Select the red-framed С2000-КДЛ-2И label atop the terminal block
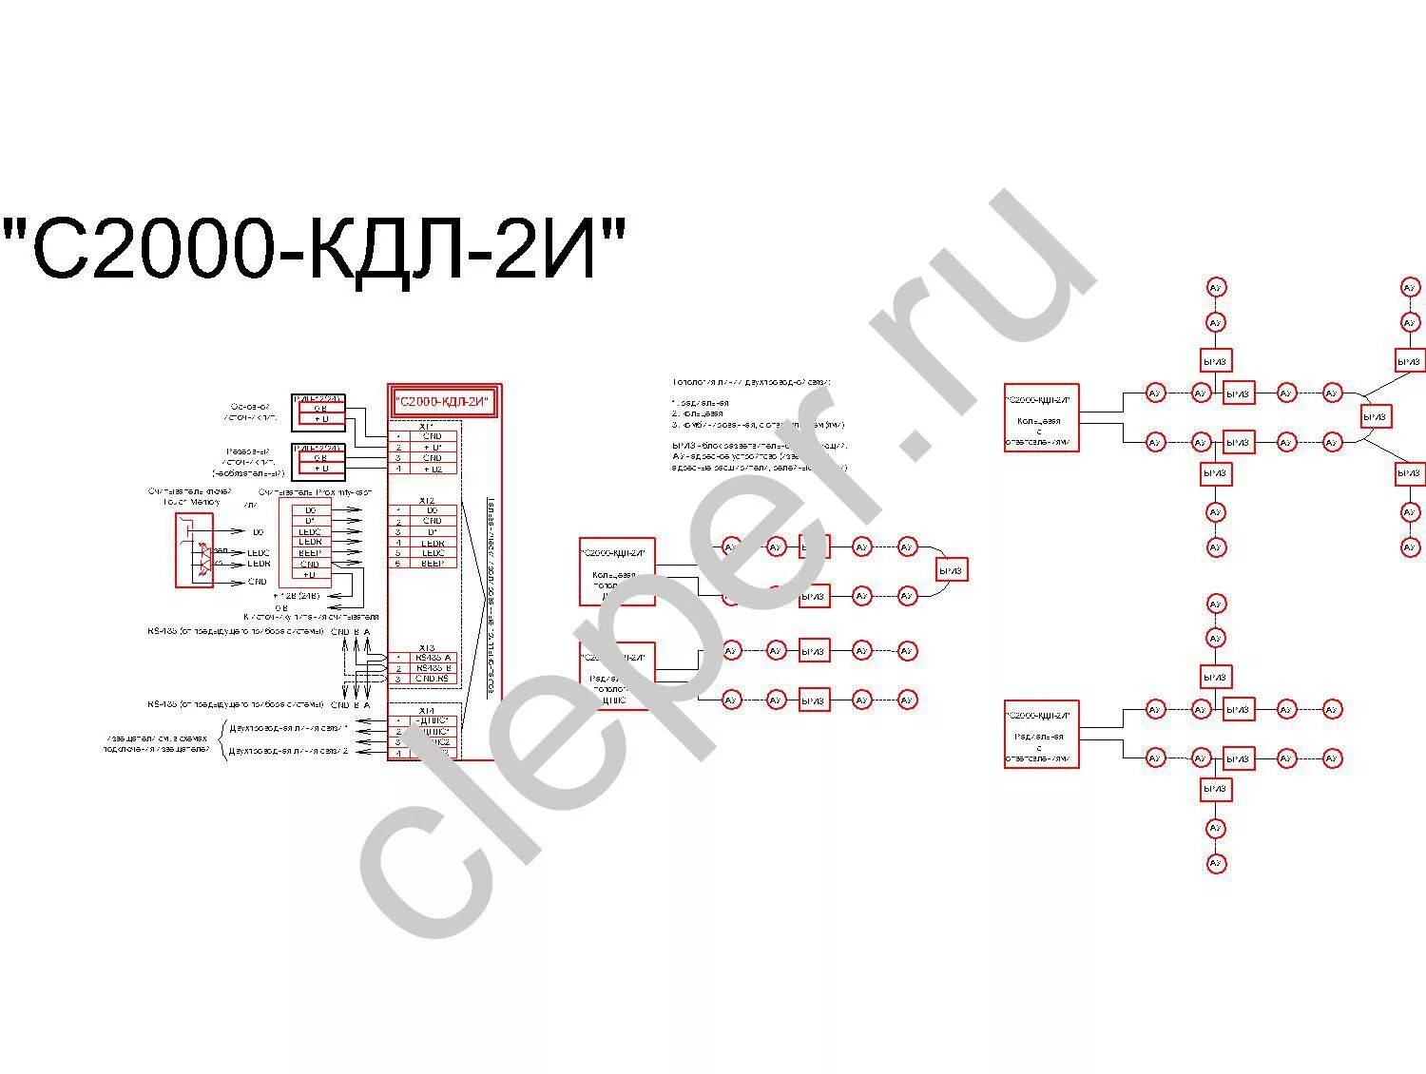click(445, 403)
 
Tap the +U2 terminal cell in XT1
click(433, 469)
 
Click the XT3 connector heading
click(426, 647)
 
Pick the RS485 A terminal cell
click(433, 658)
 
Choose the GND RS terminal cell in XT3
click(433, 679)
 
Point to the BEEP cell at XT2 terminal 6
click(433, 564)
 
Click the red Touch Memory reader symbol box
click(194, 550)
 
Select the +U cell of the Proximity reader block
click(310, 574)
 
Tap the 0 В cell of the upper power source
click(320, 408)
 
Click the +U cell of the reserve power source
click(320, 469)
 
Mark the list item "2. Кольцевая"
click(698, 413)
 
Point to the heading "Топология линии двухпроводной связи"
click(751, 381)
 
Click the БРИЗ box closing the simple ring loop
click(951, 570)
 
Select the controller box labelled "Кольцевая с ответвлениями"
click(1041, 418)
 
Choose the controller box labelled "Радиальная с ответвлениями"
click(1041, 734)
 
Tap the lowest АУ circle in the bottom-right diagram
click(1216, 864)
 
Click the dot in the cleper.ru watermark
click(911, 444)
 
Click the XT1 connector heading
click(426, 426)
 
